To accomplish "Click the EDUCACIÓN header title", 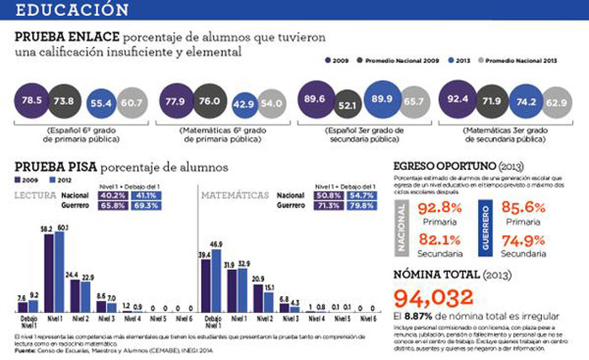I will coord(72,10).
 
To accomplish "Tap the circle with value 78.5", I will coord(31,101).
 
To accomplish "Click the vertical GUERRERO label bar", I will coord(486,225).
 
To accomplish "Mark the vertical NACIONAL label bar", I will coord(402,225).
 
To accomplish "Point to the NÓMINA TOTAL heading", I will coord(448,273).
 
